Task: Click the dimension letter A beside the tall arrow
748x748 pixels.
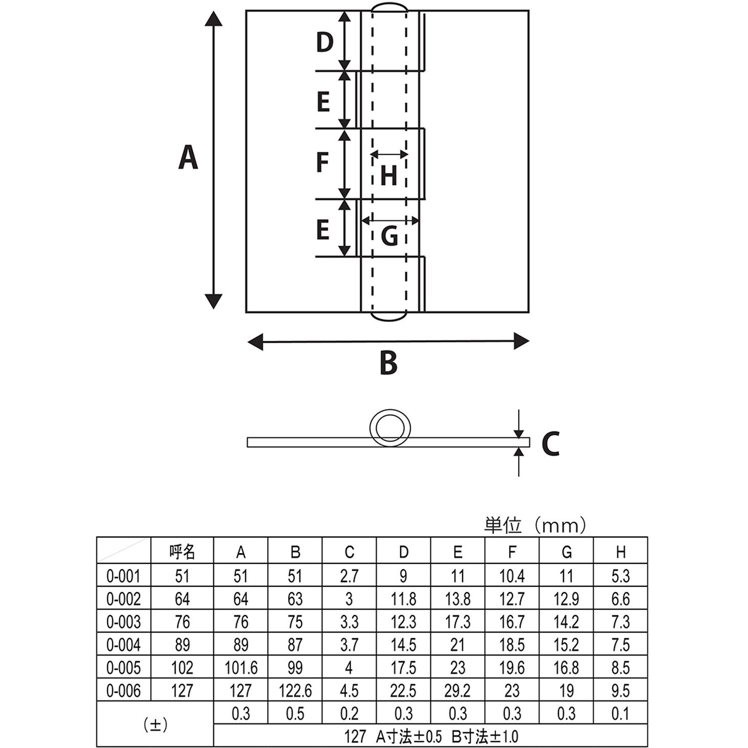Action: pos(188,157)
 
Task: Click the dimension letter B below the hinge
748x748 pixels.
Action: pos(388,362)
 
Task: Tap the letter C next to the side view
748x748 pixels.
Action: pos(550,443)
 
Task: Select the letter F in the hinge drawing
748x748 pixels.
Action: pos(322,162)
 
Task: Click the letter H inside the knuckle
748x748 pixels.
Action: pos(388,175)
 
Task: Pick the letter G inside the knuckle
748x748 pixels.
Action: pos(389,236)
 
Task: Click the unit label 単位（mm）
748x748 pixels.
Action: pos(535,526)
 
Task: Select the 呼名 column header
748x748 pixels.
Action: pos(182,552)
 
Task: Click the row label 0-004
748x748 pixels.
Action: pos(124,645)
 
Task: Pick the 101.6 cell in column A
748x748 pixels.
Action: pos(241,668)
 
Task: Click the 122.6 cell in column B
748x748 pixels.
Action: pos(295,691)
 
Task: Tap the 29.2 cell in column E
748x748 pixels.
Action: pos(458,691)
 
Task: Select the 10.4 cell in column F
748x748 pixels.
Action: pos(512,576)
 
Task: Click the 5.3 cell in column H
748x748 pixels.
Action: pos(620,576)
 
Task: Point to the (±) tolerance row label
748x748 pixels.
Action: pos(155,724)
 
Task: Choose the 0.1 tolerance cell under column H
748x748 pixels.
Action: pos(620,713)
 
